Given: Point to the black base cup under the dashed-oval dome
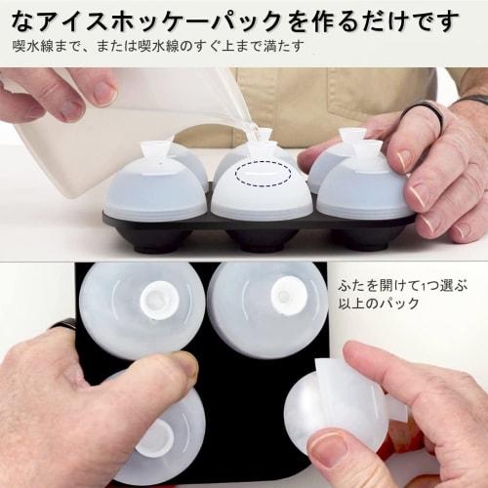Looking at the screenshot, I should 260,237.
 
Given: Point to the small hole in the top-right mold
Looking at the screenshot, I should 284,297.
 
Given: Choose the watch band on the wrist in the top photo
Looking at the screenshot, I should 474,101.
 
